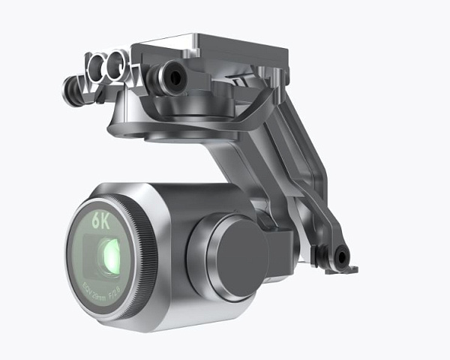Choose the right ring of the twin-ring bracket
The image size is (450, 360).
click(x=115, y=67)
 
